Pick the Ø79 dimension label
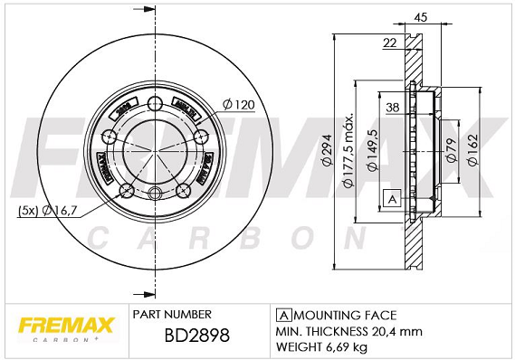click(450, 150)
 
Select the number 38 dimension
click(393, 107)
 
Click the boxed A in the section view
click(393, 199)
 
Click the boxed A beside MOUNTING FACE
click(282, 315)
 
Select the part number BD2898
click(185, 335)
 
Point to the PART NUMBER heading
click(172, 314)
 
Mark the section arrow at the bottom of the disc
click(142, 293)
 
